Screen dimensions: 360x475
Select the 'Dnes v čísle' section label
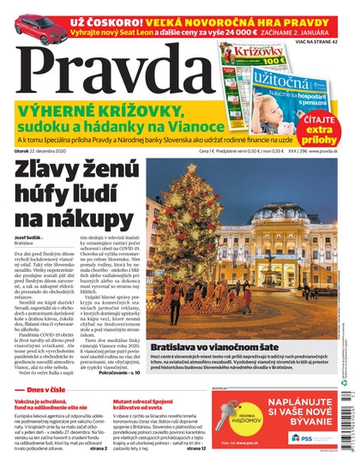click(39, 389)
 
